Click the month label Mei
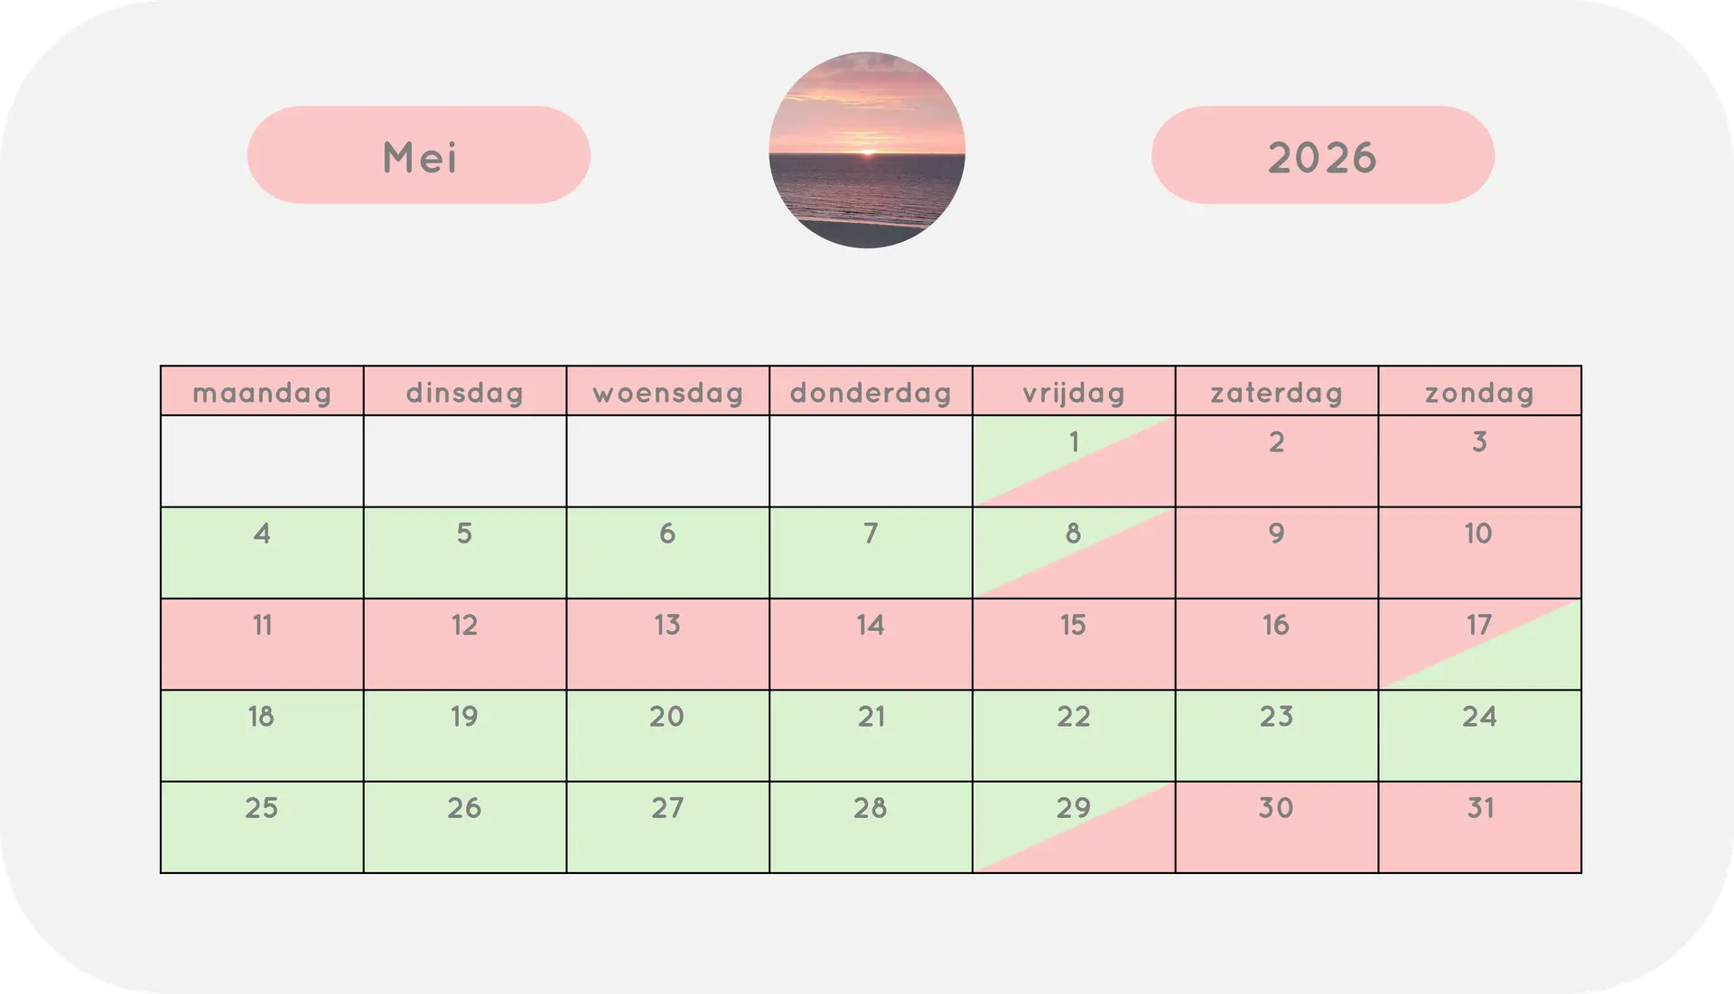point(420,158)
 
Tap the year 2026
point(1322,158)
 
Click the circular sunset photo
point(867,150)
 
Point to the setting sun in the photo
point(867,153)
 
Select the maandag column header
point(262,393)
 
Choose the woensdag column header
point(668,393)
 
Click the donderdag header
point(871,393)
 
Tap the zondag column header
point(1480,393)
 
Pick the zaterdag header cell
point(1277,393)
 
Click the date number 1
point(1074,441)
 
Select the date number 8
point(1073,533)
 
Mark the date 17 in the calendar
point(1478,624)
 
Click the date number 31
point(1480,807)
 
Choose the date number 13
point(667,624)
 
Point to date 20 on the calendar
point(667,716)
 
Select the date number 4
point(262,533)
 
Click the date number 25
point(262,807)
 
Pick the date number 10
point(1478,533)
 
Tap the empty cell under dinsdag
point(465,460)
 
